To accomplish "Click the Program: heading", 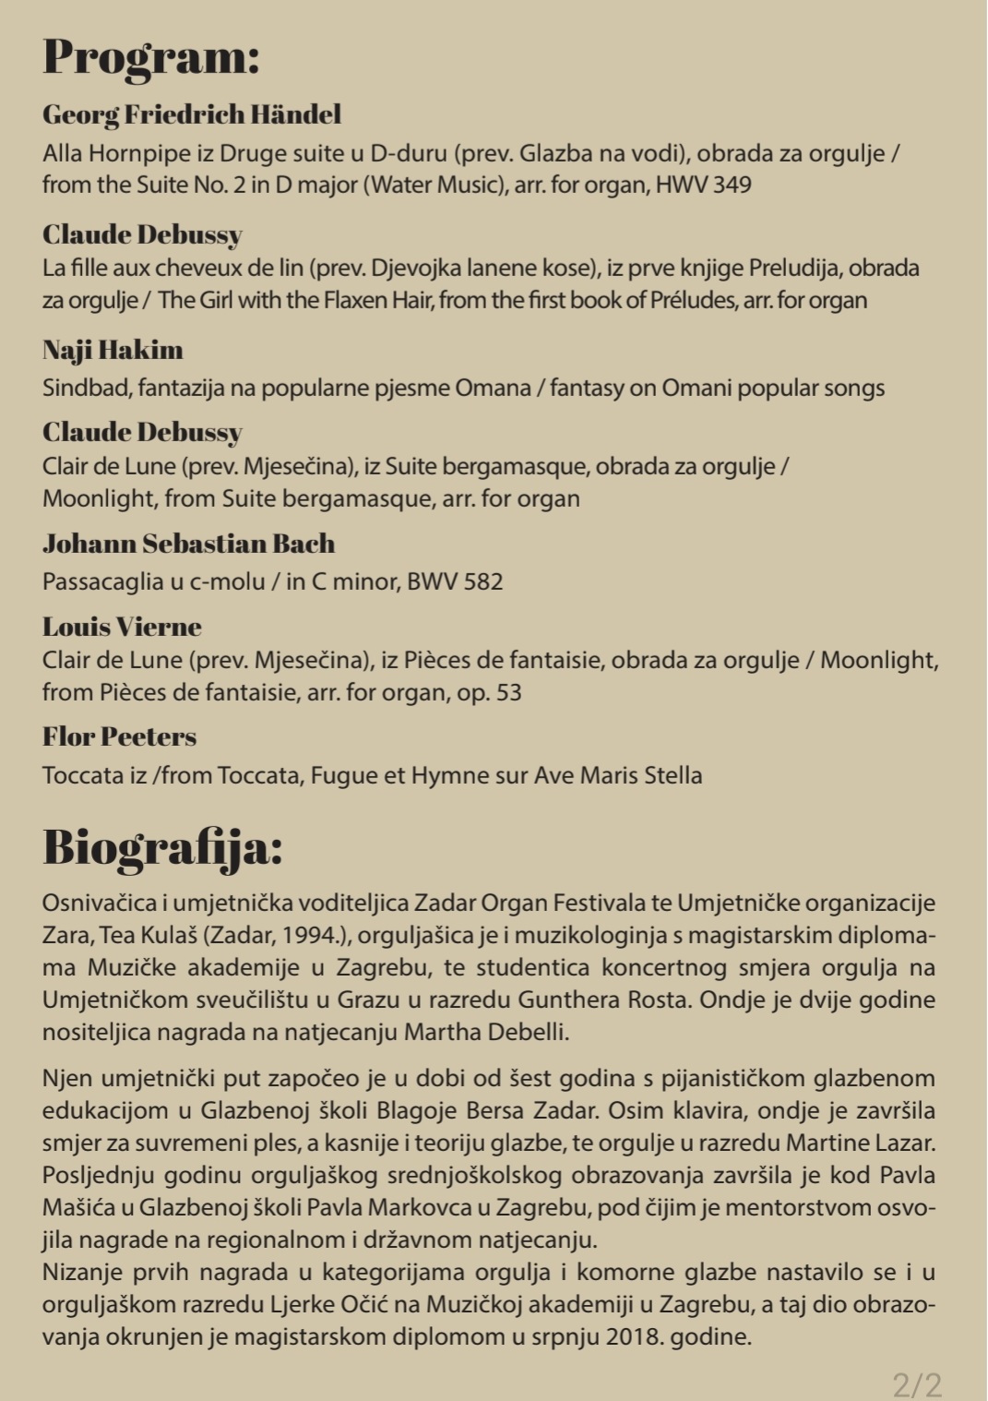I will point(151,57).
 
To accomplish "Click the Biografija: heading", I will point(162,847).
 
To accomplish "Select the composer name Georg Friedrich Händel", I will point(192,114).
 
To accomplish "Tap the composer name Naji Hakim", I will point(113,350).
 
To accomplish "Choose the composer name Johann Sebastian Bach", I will point(188,544).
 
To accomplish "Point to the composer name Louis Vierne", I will point(122,627).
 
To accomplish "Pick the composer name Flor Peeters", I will point(119,736).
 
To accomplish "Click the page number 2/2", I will point(917,1384).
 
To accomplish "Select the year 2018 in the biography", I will point(633,1336).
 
